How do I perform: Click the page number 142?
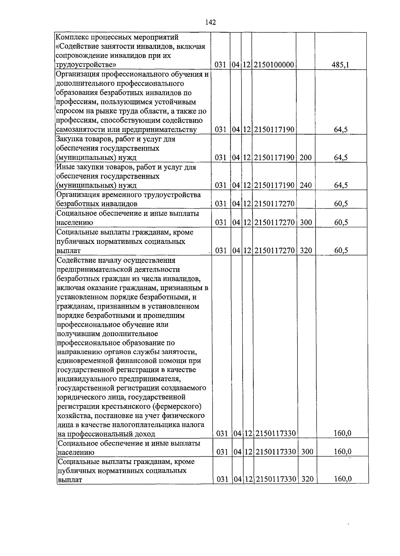[211, 22]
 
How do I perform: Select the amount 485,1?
[340, 65]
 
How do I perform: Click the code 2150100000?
[274, 65]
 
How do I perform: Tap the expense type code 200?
[305, 158]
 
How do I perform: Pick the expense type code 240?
[305, 185]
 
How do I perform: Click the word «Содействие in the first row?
[76, 46]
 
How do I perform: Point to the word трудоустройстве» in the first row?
[86, 65]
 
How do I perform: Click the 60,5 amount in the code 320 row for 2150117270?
[341, 251]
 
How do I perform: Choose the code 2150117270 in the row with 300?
[274, 223]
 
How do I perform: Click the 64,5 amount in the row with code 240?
[341, 185]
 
